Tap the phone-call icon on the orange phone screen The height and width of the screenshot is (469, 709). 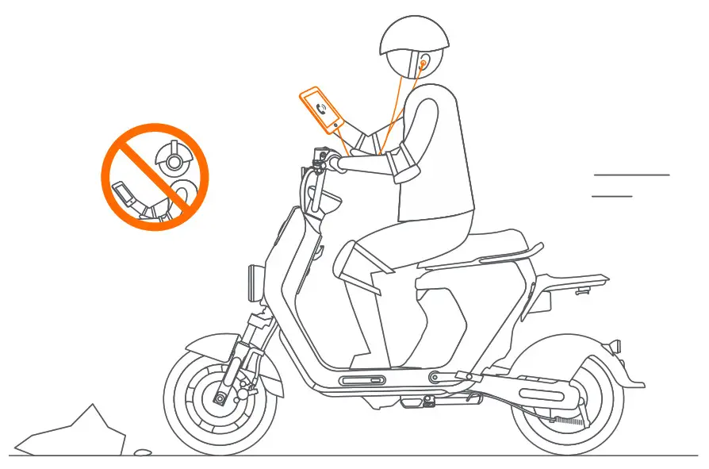(320, 109)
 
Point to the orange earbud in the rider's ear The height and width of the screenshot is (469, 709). (424, 60)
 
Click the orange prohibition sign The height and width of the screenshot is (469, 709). (154, 177)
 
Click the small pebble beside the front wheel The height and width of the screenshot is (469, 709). (142, 452)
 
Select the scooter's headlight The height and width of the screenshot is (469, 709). (255, 281)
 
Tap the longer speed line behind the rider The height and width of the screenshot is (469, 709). (631, 174)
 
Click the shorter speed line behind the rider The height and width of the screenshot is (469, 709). (611, 195)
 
